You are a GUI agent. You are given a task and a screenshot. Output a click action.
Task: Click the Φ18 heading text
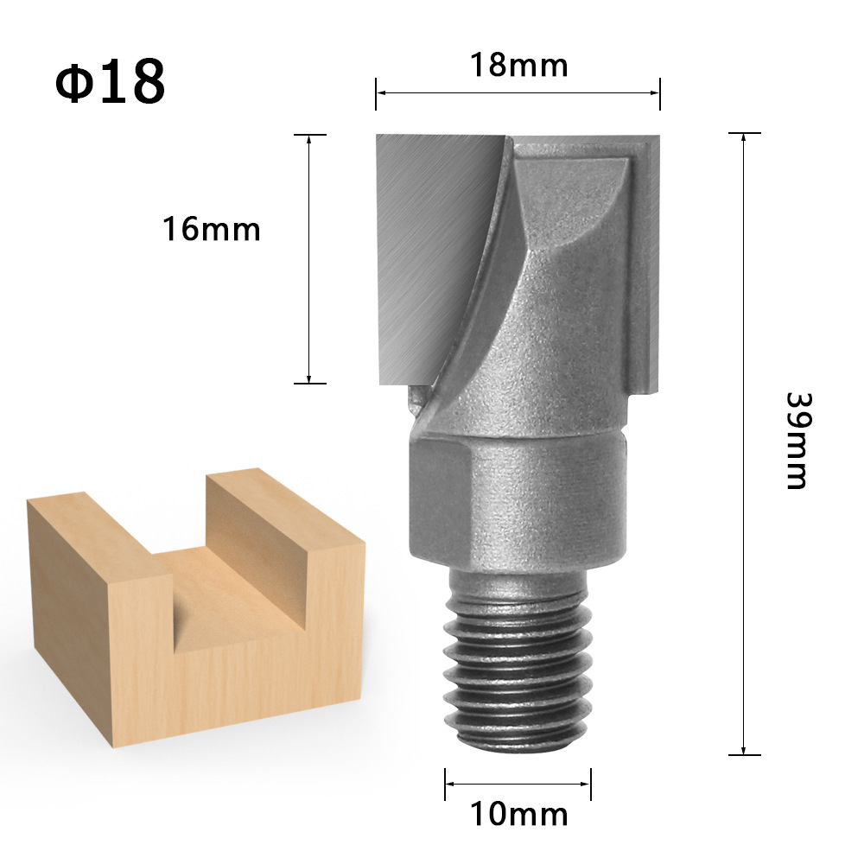(110, 82)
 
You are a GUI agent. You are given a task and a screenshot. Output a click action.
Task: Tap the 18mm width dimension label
(518, 65)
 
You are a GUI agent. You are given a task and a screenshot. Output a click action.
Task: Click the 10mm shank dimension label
(518, 813)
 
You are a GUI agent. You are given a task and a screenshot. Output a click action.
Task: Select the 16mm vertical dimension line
(309, 259)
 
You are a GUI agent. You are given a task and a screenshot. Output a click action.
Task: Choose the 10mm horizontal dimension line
(518, 785)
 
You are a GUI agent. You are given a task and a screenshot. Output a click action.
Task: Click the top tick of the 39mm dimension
(744, 133)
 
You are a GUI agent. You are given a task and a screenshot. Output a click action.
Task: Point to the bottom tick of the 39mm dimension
(744, 754)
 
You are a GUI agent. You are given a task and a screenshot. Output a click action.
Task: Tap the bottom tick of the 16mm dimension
(309, 383)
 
